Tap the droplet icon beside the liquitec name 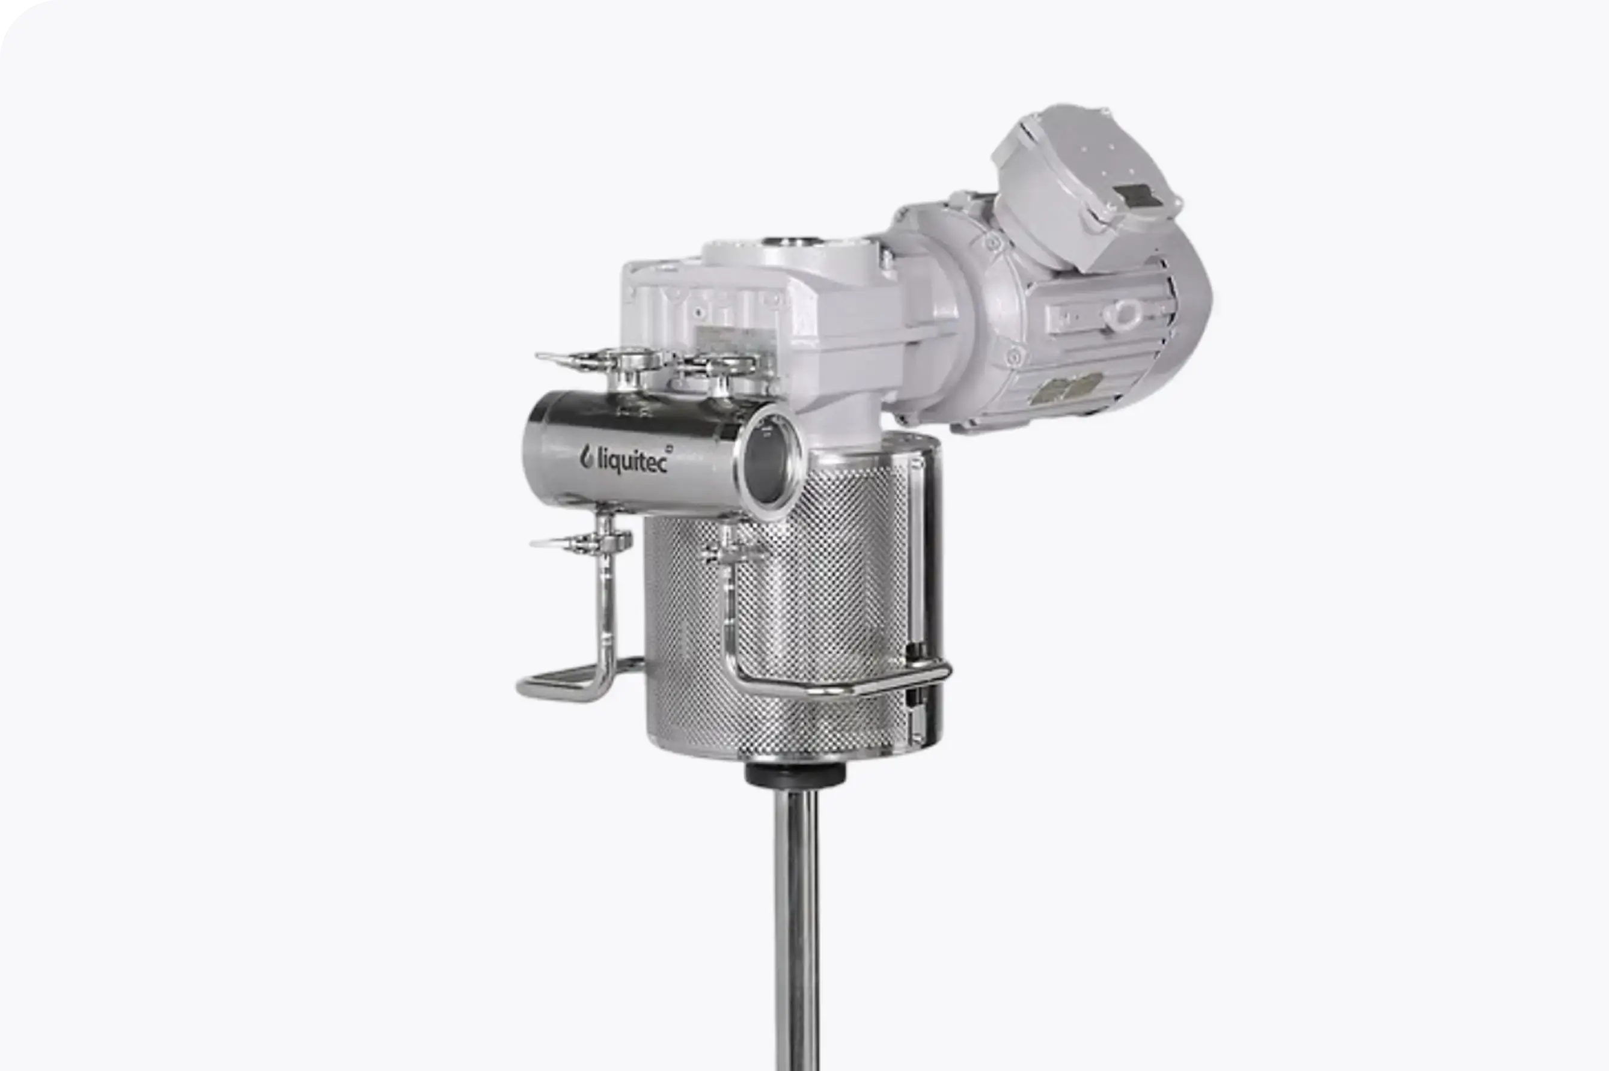click(x=587, y=457)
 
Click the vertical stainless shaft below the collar click(x=797, y=929)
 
